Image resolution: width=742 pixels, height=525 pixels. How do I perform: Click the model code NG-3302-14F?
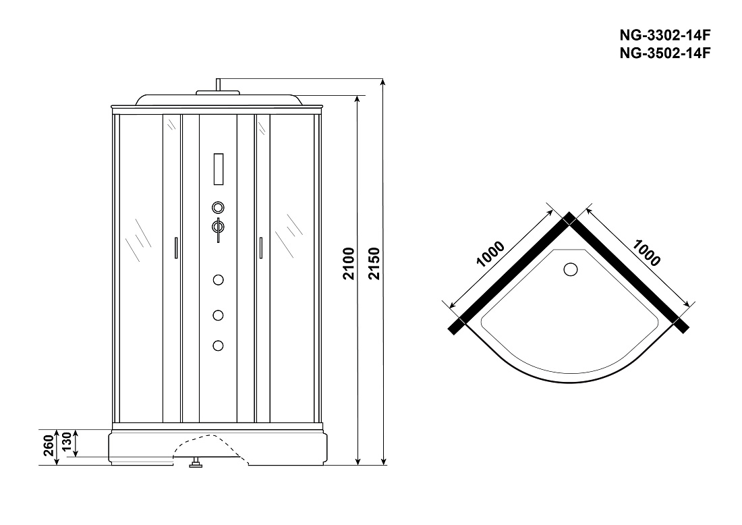coord(665,35)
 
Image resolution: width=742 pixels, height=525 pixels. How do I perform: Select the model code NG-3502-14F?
coord(665,53)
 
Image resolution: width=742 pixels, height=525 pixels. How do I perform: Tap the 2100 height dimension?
coord(349,264)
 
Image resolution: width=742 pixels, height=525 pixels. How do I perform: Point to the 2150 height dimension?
coord(374,264)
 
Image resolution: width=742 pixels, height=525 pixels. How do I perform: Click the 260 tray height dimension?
coord(49,446)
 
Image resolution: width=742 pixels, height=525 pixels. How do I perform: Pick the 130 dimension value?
coord(66,442)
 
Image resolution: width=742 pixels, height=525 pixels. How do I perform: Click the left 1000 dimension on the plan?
coord(490,254)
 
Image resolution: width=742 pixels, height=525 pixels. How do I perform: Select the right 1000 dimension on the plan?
coord(646,253)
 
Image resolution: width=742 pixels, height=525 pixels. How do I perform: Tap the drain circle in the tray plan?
coord(571,269)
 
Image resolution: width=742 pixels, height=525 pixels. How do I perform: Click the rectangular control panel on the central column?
coord(218,169)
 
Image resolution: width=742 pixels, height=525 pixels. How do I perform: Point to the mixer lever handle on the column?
coord(218,229)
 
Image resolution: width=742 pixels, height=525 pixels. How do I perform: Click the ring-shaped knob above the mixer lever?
coord(218,207)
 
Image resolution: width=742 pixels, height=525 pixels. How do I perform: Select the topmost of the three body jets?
coord(218,280)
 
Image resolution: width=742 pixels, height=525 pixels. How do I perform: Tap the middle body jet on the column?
coord(218,315)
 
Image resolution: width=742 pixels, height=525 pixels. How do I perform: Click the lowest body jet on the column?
coord(218,346)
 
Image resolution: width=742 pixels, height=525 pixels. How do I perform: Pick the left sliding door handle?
coord(176,248)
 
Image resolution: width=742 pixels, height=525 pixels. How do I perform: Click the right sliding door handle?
coord(260,248)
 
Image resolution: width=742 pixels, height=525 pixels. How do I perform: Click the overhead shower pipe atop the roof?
coord(218,85)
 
